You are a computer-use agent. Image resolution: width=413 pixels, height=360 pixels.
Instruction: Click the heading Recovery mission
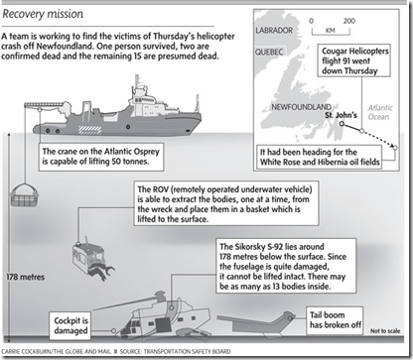43,14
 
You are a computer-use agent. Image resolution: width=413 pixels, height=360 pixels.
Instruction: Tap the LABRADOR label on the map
274,31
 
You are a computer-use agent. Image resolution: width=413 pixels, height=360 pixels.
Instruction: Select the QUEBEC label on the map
269,52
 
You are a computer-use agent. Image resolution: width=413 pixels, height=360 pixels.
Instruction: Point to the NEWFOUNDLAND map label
301,107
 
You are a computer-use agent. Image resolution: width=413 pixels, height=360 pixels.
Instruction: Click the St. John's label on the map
341,115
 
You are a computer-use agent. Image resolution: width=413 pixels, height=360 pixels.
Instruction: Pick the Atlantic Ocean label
380,112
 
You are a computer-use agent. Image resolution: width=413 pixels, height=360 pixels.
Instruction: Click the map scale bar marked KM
331,32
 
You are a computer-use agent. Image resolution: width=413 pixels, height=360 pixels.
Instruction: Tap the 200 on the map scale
349,21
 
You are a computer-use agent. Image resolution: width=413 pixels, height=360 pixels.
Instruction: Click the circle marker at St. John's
342,124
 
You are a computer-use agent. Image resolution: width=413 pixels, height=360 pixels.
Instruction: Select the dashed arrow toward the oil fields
379,139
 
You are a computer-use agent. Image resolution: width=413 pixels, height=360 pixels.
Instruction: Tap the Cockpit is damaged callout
70,325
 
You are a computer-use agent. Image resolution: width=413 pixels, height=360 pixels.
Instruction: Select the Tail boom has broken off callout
335,320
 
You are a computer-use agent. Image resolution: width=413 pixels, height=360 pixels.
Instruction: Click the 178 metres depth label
26,277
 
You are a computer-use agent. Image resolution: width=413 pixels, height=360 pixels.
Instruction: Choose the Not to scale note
385,330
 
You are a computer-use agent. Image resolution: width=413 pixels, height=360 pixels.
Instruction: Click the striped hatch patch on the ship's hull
89,130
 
